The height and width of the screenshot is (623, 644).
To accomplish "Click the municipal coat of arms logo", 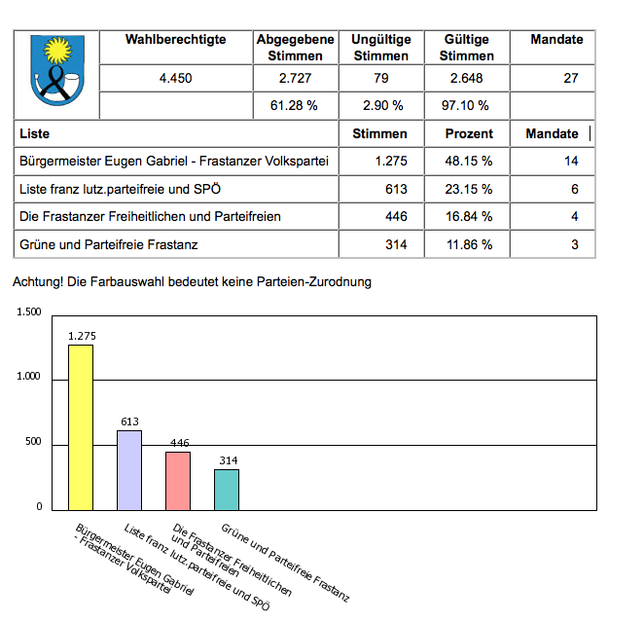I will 58,71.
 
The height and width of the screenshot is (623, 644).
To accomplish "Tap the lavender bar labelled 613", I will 129,469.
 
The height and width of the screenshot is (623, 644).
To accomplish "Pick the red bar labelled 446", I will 178,480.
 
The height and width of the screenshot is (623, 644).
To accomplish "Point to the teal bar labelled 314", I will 227,489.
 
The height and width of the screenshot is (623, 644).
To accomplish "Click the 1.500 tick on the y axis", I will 29,312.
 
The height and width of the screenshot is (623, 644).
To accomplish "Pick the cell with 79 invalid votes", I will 380,79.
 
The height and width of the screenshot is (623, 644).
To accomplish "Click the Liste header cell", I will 34,133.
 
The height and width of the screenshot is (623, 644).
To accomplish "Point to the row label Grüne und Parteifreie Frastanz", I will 108,244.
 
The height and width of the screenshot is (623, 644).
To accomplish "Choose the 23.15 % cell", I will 469,189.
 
